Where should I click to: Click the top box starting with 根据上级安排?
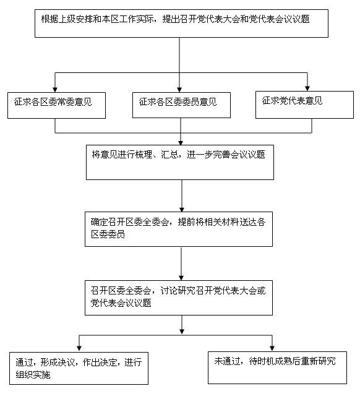(181, 24)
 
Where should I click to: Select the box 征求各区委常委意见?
(56, 105)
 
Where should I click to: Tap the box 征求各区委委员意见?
(181, 105)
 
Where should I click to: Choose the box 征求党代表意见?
(304, 105)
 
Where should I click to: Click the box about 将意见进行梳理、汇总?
(180, 162)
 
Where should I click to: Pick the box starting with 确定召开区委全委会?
(179, 230)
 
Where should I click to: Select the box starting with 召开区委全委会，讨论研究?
(179, 298)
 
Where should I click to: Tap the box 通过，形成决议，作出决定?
(79, 368)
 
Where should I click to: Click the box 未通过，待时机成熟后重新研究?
(277, 367)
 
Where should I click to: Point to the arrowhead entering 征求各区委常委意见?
(55, 90)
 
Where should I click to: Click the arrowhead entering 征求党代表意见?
(307, 88)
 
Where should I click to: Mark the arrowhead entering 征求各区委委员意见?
(179, 90)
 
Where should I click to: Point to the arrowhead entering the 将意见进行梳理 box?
(181, 142)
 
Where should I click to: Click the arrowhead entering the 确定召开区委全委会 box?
(182, 210)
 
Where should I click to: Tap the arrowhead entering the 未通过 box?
(272, 348)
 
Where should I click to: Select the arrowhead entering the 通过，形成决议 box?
(79, 349)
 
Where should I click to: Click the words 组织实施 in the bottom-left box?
(33, 375)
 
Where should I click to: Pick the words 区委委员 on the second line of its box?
(108, 234)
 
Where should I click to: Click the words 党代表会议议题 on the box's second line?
(121, 303)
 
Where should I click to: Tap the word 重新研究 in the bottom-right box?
(319, 361)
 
